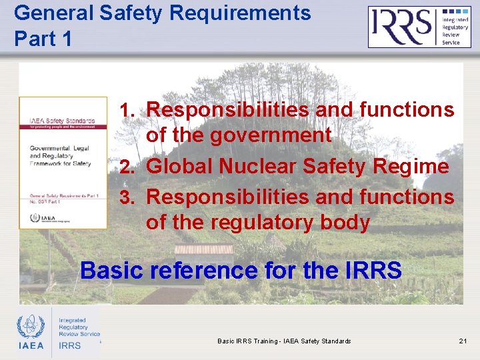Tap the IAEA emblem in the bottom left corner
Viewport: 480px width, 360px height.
tap(31, 332)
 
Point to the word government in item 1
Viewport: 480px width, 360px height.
tap(272, 135)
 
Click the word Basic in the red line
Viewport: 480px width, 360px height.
tap(111, 270)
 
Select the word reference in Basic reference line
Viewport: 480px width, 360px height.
tap(203, 270)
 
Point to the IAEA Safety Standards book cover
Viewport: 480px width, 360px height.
tap(63, 163)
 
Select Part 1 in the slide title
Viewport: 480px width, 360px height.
tap(43, 39)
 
